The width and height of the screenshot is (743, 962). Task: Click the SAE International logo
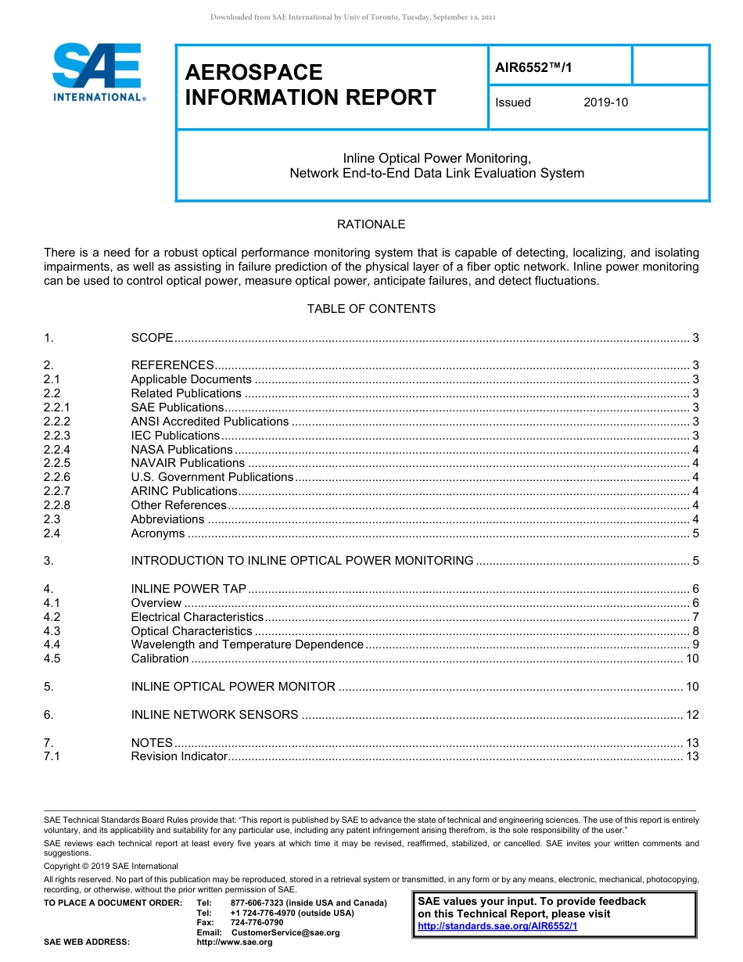tap(98, 73)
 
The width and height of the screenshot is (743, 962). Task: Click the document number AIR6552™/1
tap(533, 67)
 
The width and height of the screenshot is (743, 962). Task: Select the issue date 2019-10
tap(605, 102)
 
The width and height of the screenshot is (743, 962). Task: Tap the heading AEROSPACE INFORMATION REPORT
tap(310, 84)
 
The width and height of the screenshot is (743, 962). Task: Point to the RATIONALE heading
tap(371, 224)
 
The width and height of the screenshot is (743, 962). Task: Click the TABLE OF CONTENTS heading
tap(371, 309)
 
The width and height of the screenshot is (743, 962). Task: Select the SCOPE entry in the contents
tap(152, 338)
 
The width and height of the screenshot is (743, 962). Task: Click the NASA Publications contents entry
tap(181, 450)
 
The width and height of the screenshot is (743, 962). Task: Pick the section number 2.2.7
tap(57, 491)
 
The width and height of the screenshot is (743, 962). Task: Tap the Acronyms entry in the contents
tap(158, 533)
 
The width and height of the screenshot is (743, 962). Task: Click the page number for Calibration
tap(691, 659)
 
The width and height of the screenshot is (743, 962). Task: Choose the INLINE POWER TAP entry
tap(188, 589)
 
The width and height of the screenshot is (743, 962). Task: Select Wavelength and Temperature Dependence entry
tap(247, 644)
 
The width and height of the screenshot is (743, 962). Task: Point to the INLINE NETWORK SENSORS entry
tap(214, 715)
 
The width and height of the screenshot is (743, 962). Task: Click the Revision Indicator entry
tap(179, 756)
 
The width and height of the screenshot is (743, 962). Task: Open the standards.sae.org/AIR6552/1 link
tap(497, 926)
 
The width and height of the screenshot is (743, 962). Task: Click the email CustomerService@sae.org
tap(285, 932)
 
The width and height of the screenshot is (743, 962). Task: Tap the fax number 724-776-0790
tap(257, 922)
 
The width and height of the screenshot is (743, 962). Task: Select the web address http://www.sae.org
tap(235, 942)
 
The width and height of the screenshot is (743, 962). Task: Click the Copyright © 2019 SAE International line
tap(111, 866)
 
